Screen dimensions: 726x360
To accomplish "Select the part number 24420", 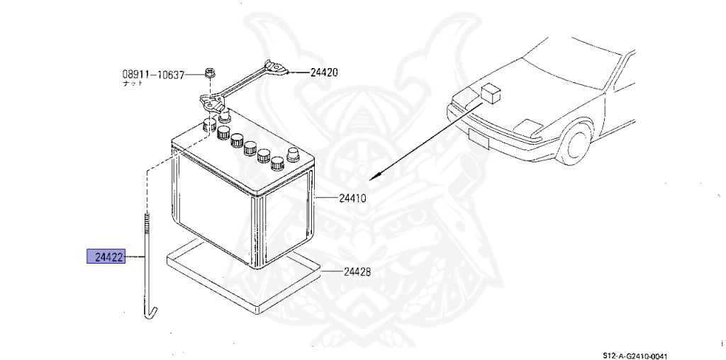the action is coord(323,72).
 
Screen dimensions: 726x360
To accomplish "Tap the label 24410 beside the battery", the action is coord(352,198).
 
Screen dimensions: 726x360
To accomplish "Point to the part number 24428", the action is coord(357,272).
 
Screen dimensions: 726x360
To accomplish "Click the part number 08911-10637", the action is coord(153,74).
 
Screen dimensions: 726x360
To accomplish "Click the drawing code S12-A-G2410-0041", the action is coord(635,355).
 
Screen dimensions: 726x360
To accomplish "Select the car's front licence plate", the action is coord(479,138).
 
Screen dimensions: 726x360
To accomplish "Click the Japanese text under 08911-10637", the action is coord(133,84).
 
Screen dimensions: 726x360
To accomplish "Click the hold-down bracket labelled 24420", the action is coord(241,86).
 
